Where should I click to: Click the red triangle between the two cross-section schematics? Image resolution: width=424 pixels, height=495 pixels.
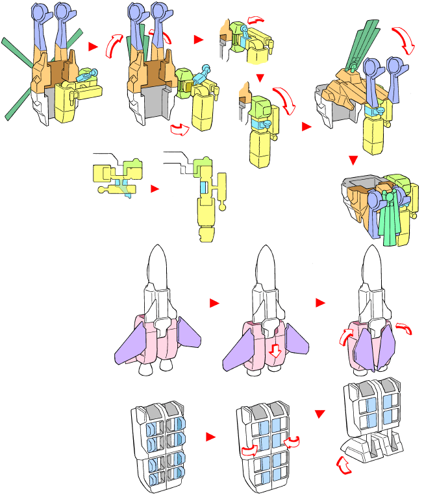(154, 189)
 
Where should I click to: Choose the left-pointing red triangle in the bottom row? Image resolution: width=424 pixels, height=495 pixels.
(319, 413)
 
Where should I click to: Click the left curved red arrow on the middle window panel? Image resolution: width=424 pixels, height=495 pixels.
(246, 450)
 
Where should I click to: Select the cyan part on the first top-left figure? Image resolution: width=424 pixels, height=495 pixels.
(87, 76)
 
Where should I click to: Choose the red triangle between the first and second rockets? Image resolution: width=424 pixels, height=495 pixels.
(215, 302)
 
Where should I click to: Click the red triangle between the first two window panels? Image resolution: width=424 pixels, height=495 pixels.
(210, 437)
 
